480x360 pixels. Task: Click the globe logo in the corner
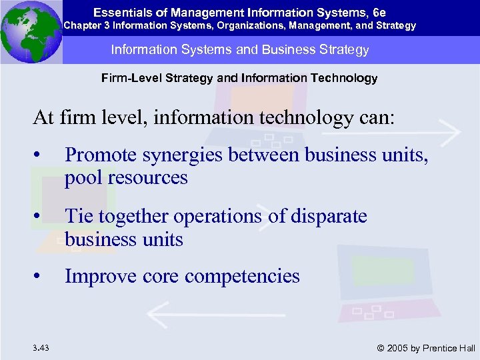(x=31, y=31)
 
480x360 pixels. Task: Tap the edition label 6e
(x=379, y=12)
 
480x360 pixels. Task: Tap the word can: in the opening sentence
(x=376, y=118)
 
